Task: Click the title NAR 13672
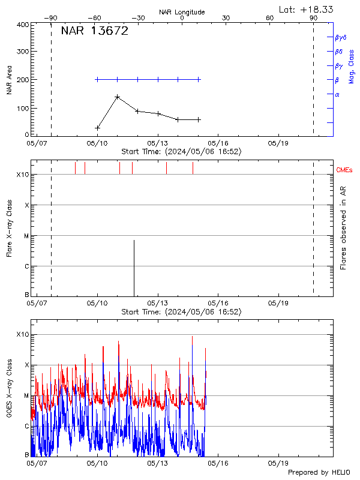(94, 32)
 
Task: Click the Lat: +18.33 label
(307, 9)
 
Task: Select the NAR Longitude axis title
(182, 12)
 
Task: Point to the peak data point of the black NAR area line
(117, 97)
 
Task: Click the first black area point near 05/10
(97, 128)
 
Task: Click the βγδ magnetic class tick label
(341, 37)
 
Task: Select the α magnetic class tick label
(337, 94)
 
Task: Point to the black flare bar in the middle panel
(134, 267)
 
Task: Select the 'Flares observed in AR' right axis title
(343, 228)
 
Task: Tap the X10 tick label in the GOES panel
(22, 334)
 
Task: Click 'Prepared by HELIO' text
(319, 472)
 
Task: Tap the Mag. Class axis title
(351, 66)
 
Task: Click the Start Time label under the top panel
(181, 152)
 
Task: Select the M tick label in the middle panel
(26, 236)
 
